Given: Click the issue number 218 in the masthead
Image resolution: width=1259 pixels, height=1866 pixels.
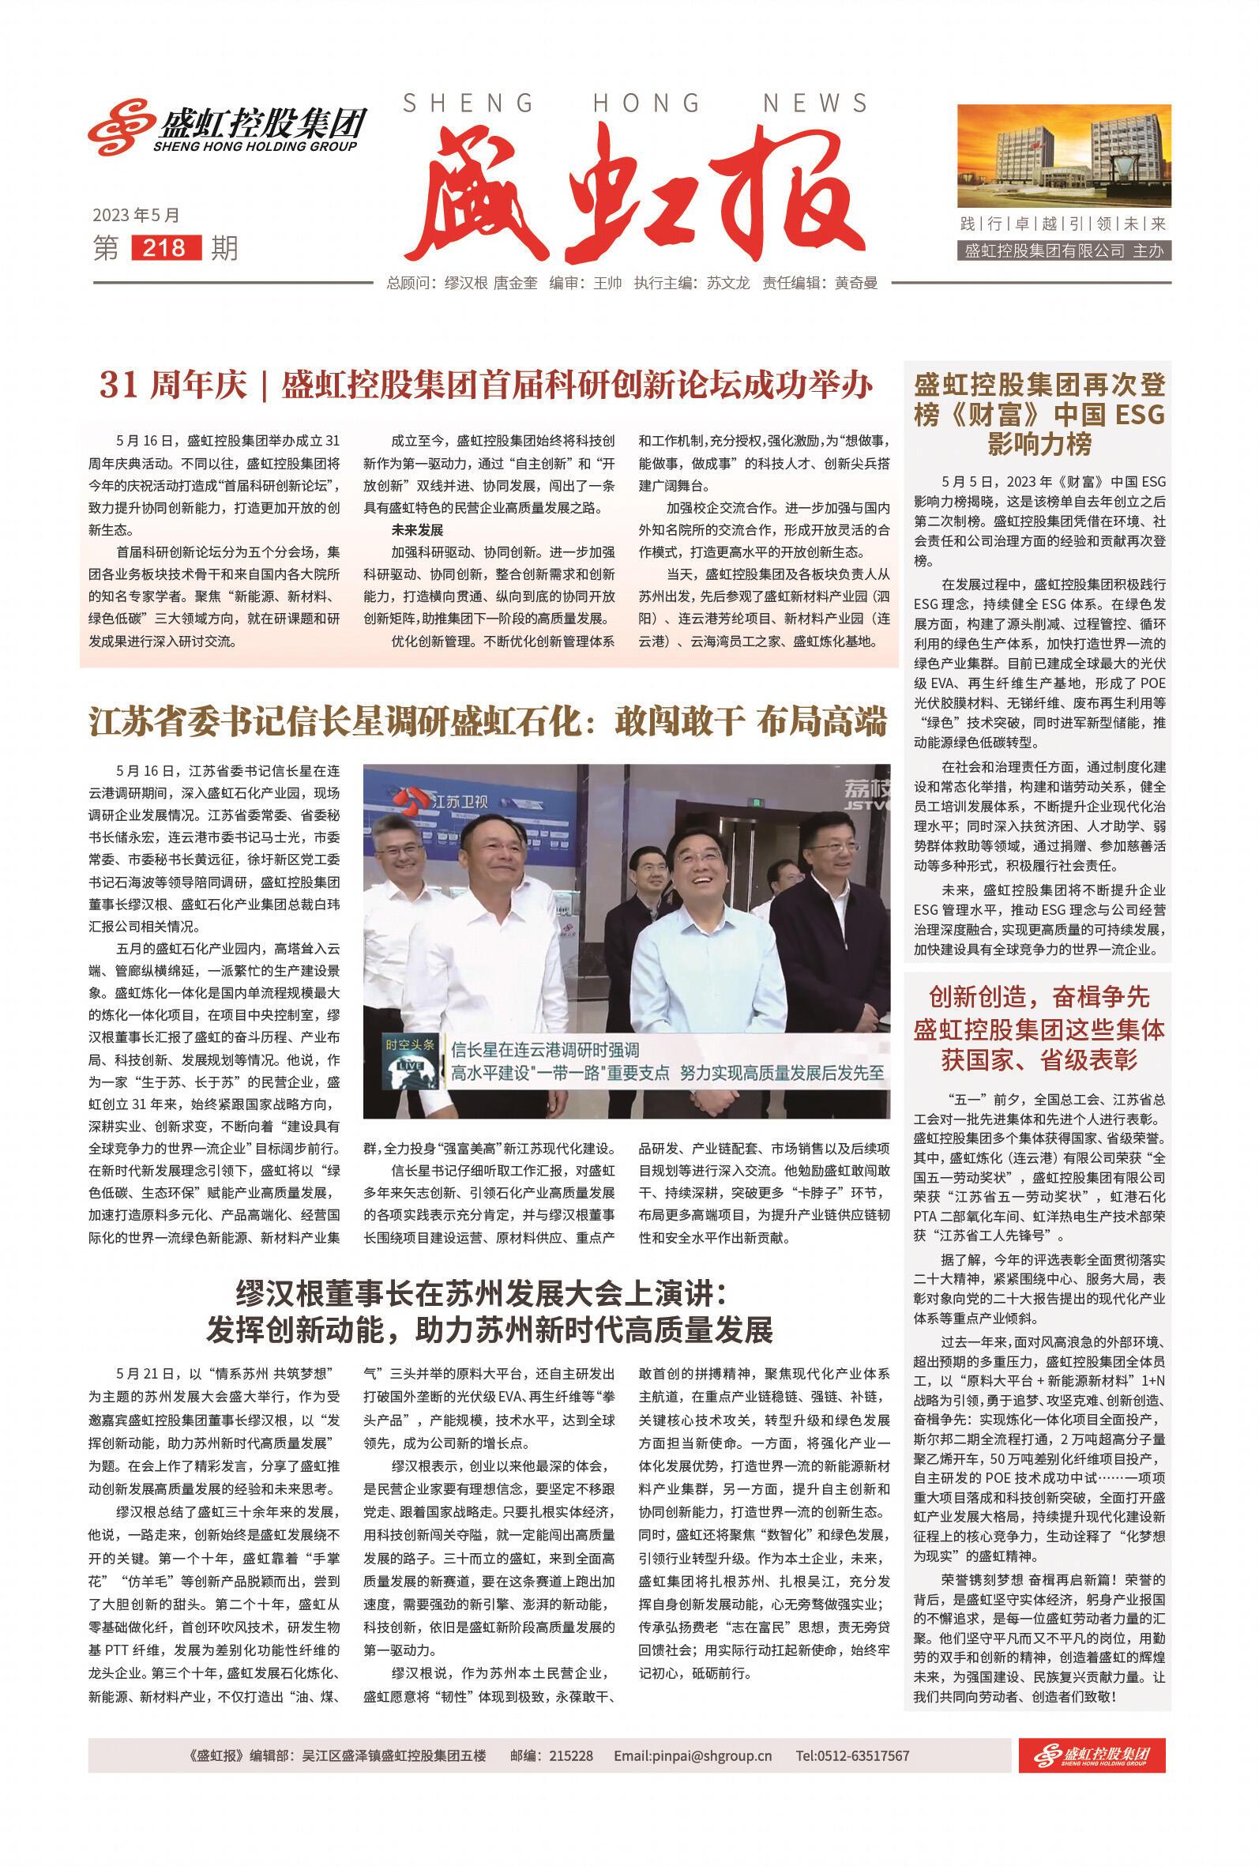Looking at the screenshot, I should click(x=163, y=248).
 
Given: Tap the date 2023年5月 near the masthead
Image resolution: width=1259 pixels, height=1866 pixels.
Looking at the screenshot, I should click(x=136, y=215).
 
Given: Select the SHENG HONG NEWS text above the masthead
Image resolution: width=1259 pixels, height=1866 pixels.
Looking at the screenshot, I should click(x=634, y=103).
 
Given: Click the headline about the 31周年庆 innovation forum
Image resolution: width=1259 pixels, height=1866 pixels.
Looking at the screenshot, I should click(x=486, y=386).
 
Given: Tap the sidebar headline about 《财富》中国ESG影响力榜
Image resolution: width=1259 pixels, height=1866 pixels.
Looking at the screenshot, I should click(x=1039, y=414).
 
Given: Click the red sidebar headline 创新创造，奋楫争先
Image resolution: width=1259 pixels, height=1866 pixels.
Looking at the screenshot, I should click(x=1039, y=998).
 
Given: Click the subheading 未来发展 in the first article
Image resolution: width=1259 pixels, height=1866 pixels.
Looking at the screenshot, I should click(x=417, y=530).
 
